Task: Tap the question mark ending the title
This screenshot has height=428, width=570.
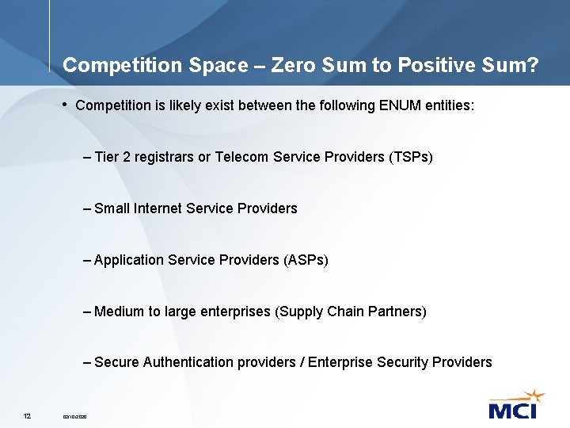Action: point(531,65)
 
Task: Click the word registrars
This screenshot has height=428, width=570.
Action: point(161,157)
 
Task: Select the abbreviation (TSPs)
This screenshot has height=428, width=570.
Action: point(411,157)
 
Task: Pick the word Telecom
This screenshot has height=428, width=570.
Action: point(241,157)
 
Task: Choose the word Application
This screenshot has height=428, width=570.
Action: point(128,260)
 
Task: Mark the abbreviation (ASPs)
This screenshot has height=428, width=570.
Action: point(305,260)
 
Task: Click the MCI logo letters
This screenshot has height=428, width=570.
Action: point(512,410)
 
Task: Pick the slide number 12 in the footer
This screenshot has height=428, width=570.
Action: point(27,416)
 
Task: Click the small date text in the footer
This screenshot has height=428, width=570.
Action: point(75,417)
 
